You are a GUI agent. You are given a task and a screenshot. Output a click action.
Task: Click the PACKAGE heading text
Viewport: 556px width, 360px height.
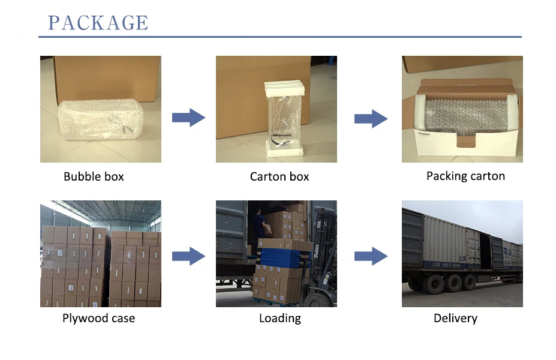tap(98, 22)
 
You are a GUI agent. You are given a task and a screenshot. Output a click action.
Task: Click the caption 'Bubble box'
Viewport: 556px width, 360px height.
tap(94, 176)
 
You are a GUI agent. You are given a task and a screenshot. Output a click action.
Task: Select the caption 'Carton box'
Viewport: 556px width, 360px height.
tap(279, 176)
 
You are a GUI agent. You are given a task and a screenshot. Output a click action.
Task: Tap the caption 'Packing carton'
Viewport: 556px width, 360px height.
tap(465, 176)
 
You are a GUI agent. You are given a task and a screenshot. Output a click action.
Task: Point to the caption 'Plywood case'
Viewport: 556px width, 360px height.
tap(98, 318)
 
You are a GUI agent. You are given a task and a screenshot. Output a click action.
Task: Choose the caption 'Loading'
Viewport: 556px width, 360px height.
tap(279, 318)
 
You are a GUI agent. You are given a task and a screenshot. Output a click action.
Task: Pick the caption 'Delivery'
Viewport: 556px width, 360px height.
tap(455, 318)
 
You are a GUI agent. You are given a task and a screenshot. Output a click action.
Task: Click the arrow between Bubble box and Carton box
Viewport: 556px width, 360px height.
tap(188, 118)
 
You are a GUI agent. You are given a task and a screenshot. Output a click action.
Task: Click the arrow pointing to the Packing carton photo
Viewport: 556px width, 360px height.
tap(371, 118)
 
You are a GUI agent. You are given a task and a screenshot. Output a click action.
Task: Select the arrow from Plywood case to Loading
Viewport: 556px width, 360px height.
tap(188, 256)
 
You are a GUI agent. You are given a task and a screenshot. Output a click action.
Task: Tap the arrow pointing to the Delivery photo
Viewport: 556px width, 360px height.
tap(371, 256)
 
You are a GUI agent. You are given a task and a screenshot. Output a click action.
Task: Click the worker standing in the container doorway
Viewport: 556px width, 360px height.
tap(259, 228)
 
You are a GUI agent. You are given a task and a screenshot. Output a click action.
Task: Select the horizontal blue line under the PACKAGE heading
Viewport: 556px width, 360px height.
tap(279, 37)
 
